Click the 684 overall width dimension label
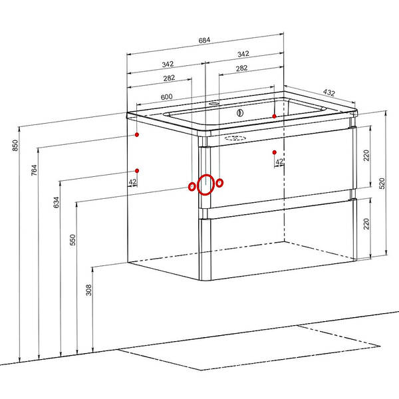[204, 40]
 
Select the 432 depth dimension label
[329, 92]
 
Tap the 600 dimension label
[167, 97]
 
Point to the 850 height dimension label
[15, 145]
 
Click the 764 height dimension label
[34, 170]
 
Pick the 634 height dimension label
[57, 202]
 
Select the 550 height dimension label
[72, 239]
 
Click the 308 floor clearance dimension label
[88, 290]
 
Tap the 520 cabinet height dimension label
[382, 184]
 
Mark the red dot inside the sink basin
[274, 116]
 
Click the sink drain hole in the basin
[240, 113]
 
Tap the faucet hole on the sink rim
[213, 104]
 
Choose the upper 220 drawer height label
[366, 156]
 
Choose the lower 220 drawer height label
[366, 224]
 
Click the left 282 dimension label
[169, 78]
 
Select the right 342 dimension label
[243, 54]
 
